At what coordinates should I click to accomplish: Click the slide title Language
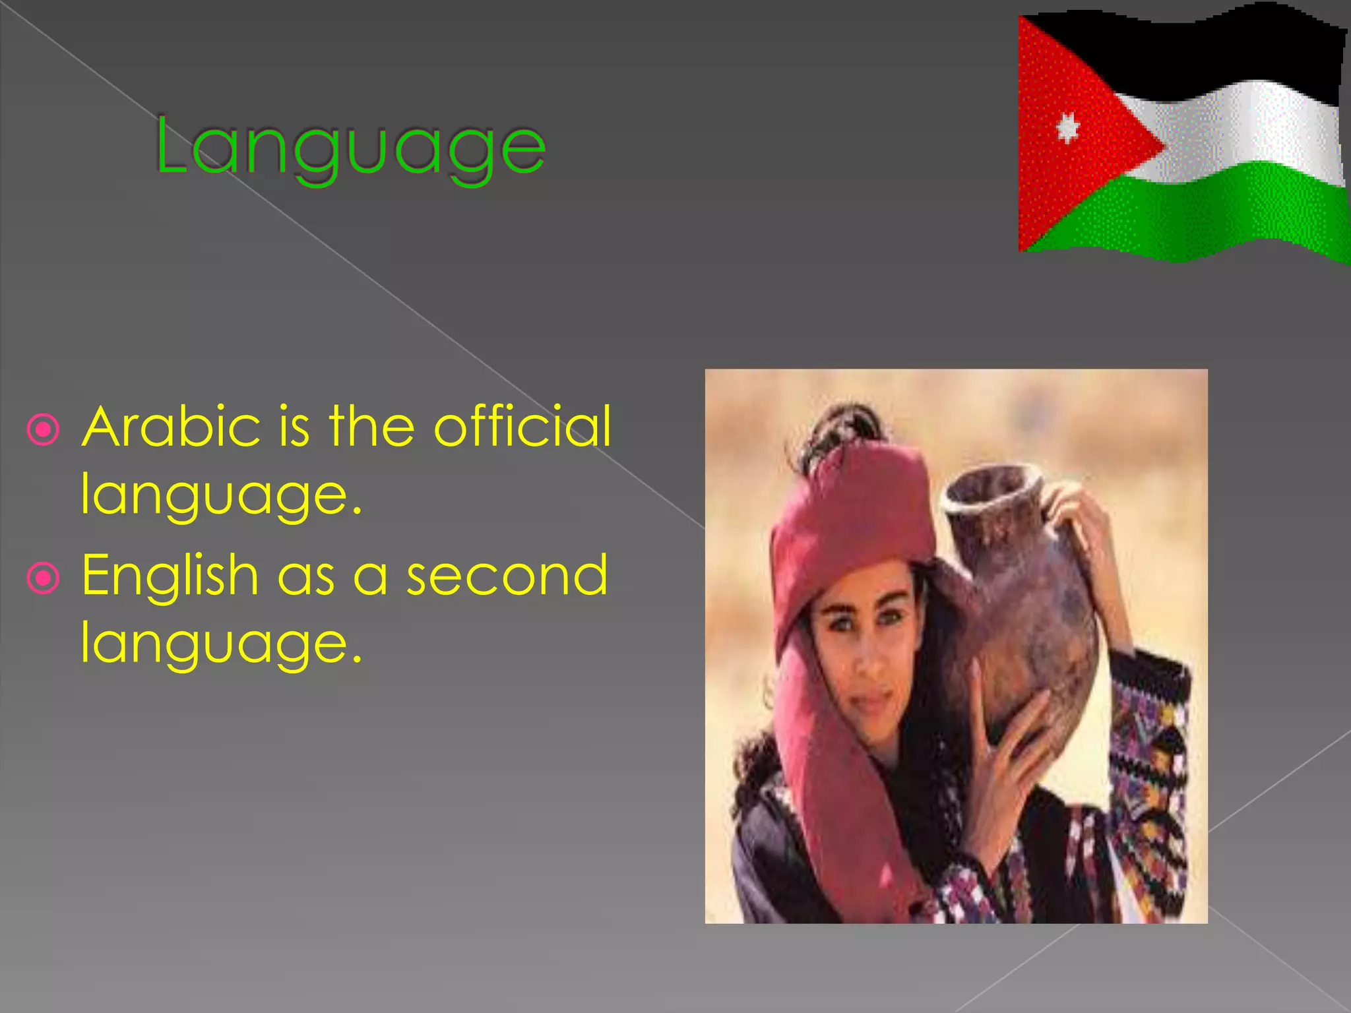[x=350, y=146]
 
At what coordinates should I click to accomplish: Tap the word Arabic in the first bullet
[x=171, y=427]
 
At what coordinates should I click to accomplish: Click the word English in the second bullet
[x=170, y=576]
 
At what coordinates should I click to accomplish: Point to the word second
[x=507, y=575]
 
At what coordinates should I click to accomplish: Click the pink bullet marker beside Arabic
[x=44, y=430]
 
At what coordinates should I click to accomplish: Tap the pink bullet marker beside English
[x=44, y=578]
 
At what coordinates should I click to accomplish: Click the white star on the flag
[x=1067, y=127]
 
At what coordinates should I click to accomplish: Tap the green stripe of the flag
[x=1220, y=211]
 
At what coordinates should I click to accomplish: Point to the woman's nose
[x=869, y=660]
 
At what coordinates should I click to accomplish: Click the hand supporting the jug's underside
[x=1009, y=739]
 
